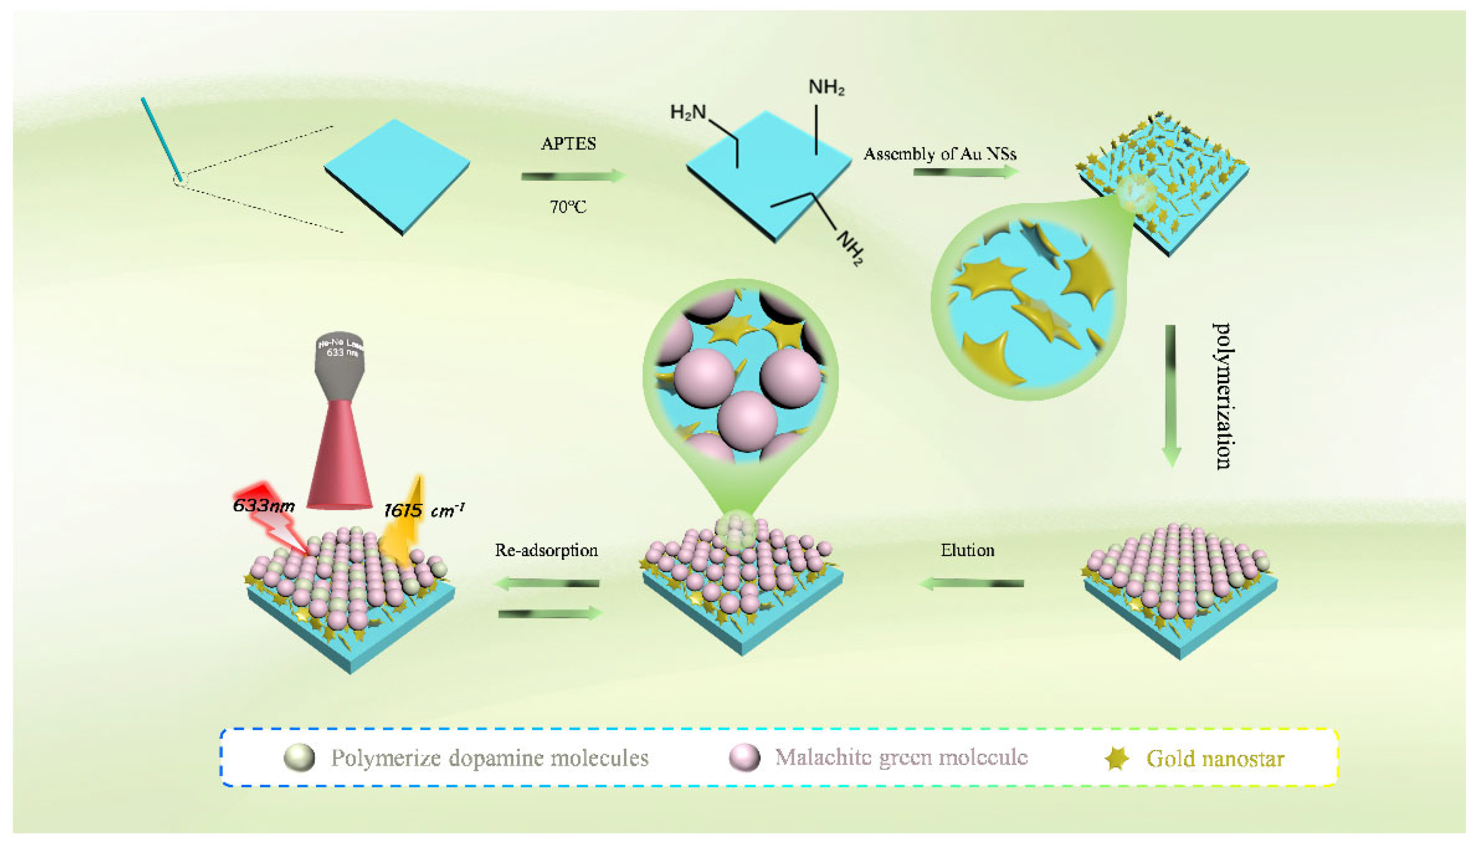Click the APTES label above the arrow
click(568, 144)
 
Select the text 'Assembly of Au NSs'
click(940, 154)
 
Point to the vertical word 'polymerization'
click(1223, 396)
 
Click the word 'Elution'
click(967, 550)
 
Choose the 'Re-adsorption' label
click(546, 550)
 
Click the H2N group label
click(688, 111)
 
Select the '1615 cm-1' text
click(424, 510)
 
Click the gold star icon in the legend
click(1116, 758)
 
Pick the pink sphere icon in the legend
click(745, 758)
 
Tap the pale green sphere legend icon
click(299, 758)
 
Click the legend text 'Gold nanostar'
click(1215, 758)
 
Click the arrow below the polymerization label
click(1171, 396)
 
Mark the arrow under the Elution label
click(971, 583)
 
